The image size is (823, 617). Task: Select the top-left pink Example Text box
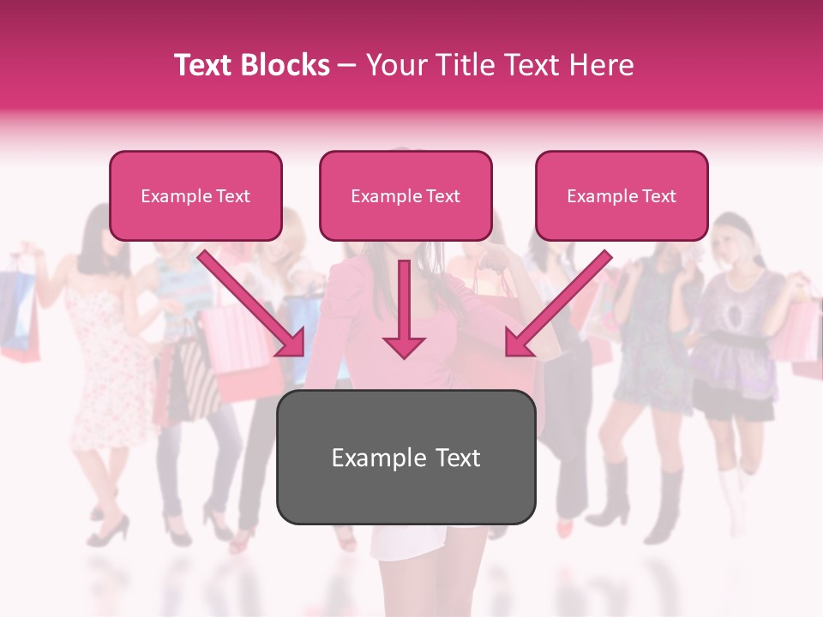click(x=195, y=195)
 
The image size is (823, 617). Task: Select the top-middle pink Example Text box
click(x=405, y=195)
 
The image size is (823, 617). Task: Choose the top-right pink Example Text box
click(x=622, y=195)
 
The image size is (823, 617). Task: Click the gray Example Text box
click(x=405, y=458)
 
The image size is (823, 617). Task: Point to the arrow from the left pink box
click(x=253, y=306)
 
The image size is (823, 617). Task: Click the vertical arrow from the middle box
click(x=404, y=308)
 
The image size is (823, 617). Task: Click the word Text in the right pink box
click(x=658, y=195)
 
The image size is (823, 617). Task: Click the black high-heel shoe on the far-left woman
click(x=110, y=530)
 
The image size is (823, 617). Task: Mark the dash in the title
click(x=347, y=65)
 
